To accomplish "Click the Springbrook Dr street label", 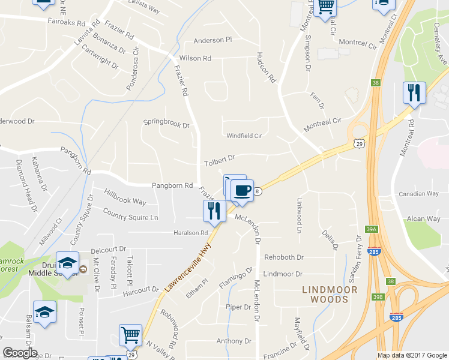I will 166,125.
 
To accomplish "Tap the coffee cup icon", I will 242,191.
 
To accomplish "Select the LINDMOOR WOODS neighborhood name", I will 330,295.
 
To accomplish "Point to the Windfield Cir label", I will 244,136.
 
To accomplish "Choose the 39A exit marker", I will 372,229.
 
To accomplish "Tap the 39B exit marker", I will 376,296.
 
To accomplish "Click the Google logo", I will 20,353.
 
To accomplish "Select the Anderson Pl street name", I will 212,41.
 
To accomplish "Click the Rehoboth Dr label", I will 284,257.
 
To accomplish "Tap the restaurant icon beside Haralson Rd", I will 214,210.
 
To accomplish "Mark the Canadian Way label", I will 419,194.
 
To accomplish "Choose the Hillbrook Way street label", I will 125,197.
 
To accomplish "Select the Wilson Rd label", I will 195,59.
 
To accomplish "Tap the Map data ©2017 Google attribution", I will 412,355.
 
